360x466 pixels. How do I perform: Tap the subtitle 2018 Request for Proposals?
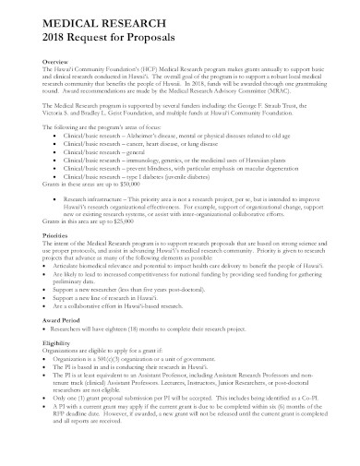pos(96,40)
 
